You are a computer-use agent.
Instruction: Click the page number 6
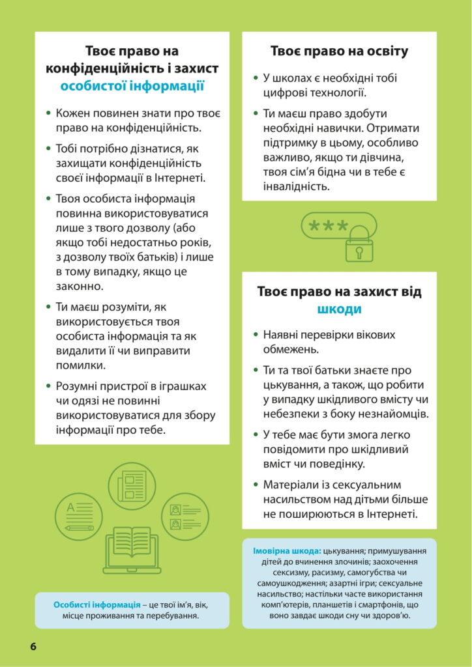pyautogui.click(x=32, y=646)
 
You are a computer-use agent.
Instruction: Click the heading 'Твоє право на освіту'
pyautogui.click(x=339, y=51)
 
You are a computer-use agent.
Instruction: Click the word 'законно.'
pyautogui.click(x=80, y=286)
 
